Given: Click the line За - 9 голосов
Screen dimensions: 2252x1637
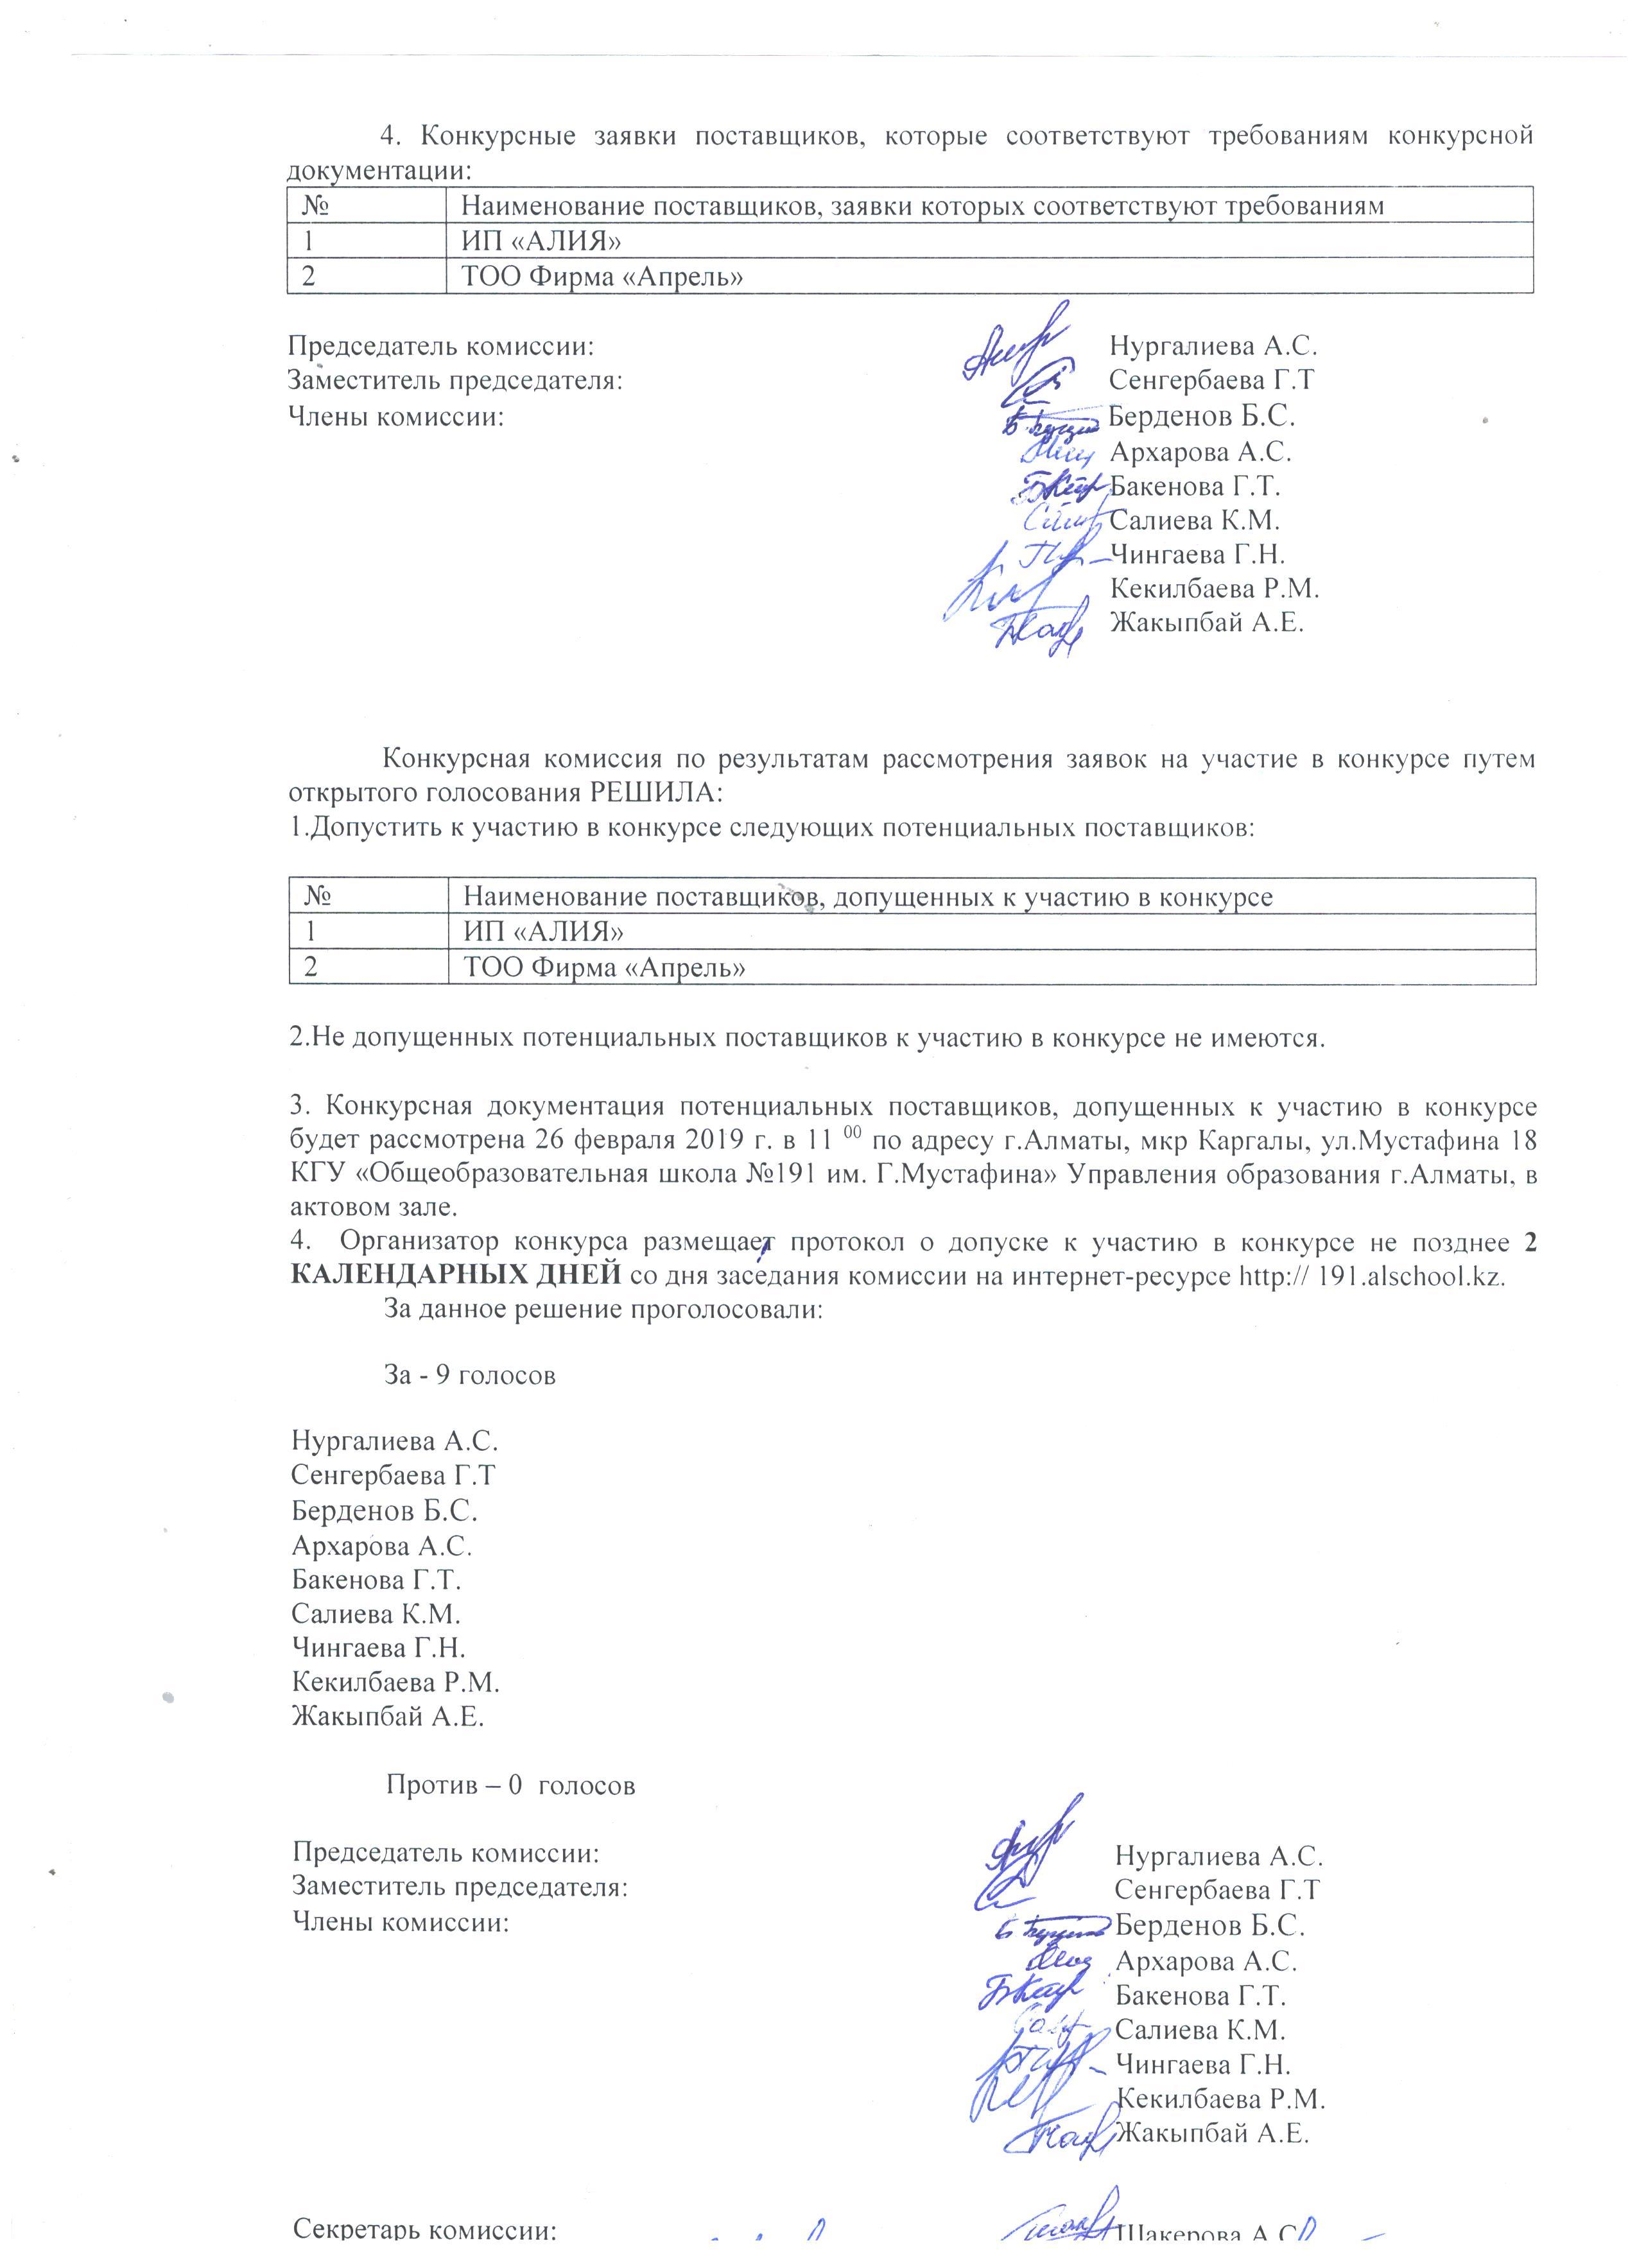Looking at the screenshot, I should pyautogui.click(x=469, y=1376).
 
